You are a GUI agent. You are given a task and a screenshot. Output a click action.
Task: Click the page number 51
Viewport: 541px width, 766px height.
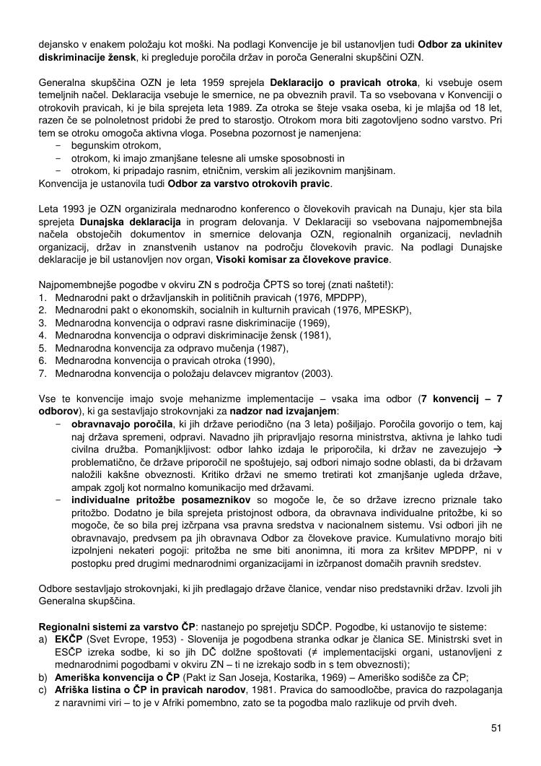point(496,727)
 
